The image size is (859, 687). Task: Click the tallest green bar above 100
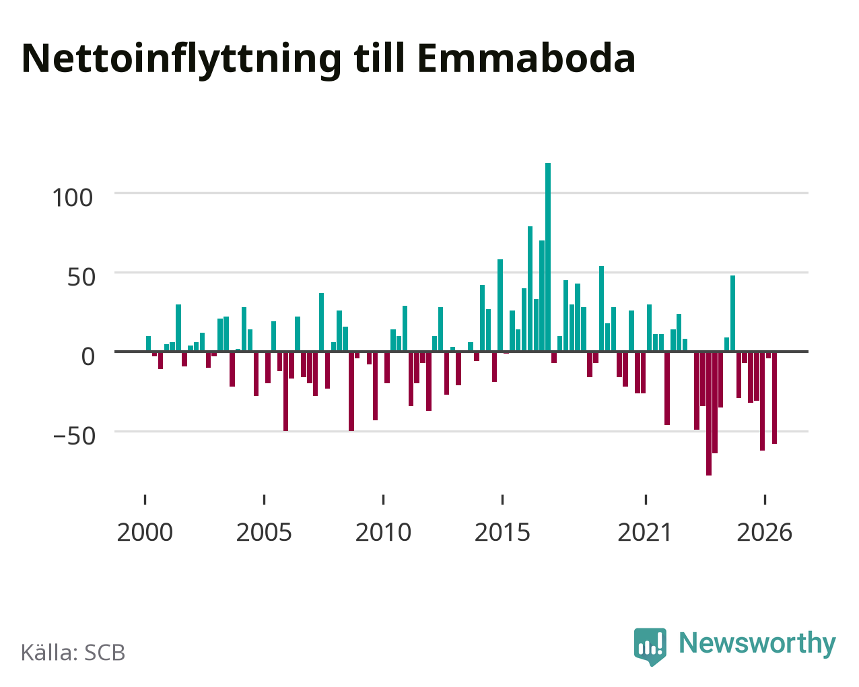[548, 257]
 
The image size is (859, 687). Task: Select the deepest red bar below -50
[708, 414]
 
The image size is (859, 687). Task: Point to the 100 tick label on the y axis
[73, 198]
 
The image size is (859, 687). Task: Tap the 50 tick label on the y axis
[81, 277]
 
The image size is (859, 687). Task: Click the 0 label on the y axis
[88, 356]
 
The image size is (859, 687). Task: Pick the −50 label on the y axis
[74, 436]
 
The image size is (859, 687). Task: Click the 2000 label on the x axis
[145, 532]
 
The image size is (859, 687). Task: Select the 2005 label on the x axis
[264, 532]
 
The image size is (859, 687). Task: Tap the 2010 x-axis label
[383, 532]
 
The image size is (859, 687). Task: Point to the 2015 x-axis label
[502, 532]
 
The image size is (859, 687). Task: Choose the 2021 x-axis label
[645, 532]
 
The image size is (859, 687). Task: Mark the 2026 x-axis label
[764, 532]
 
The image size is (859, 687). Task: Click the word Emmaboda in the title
[526, 59]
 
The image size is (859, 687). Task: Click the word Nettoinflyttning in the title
[181, 61]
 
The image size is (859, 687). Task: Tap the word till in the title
[379, 58]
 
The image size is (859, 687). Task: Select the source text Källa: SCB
[73, 653]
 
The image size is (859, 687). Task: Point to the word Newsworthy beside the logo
[757, 643]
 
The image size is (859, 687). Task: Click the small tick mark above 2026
[765, 500]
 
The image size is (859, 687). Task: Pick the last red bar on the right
[774, 398]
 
